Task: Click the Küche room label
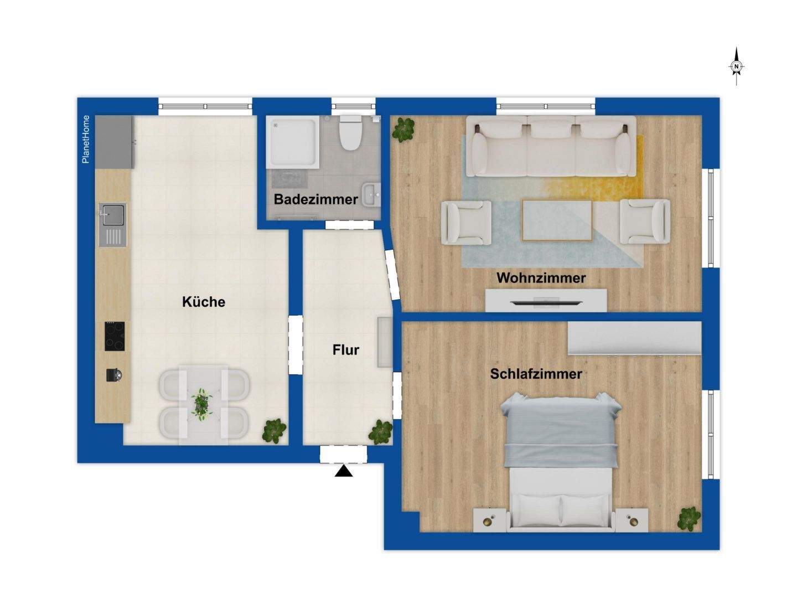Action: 204,302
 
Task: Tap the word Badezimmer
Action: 315,199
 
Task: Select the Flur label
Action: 345,350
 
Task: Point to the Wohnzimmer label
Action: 541,278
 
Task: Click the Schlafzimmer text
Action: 536,374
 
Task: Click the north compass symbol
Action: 736,66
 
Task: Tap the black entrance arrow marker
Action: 344,471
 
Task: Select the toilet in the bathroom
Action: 350,133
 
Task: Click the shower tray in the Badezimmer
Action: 292,142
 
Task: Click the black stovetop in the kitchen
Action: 115,336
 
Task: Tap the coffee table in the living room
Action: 557,220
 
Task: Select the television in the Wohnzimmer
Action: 545,302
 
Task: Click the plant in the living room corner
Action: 403,130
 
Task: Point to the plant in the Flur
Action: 381,432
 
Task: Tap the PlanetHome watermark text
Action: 86,140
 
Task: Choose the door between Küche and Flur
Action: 296,344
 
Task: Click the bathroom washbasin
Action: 372,194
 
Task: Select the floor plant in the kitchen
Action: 275,431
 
